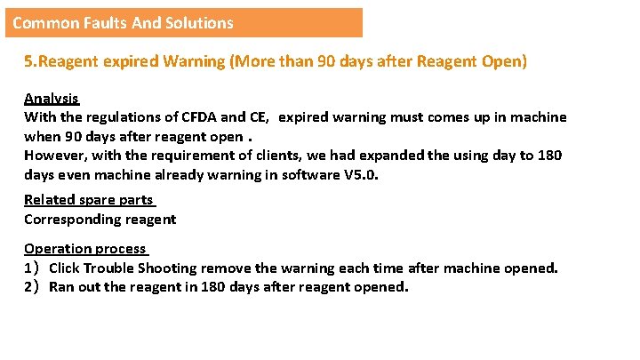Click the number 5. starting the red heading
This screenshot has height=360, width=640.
30,62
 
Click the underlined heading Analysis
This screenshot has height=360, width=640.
51,98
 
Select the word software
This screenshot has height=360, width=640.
311,174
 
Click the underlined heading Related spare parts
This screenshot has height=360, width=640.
89,200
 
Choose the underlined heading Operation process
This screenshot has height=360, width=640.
85,249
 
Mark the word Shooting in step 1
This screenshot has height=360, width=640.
169,268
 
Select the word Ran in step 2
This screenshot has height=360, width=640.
62,286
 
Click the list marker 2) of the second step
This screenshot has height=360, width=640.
32,286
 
